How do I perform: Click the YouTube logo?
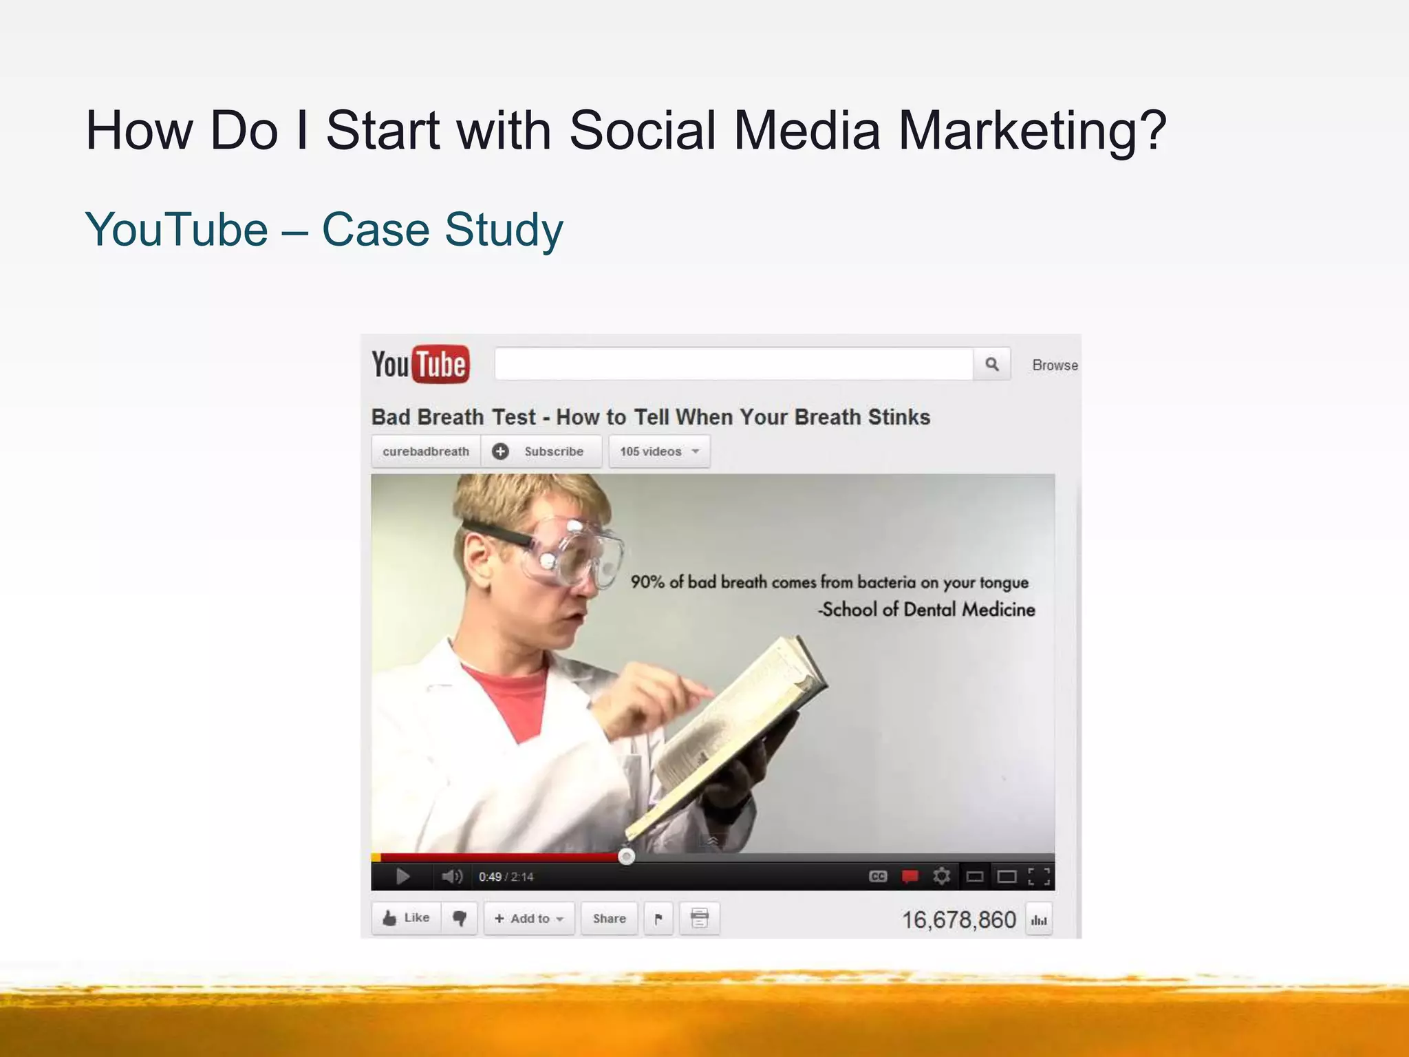pyautogui.click(x=420, y=364)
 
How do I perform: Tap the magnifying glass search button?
pyautogui.click(x=991, y=364)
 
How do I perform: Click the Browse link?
pyautogui.click(x=1054, y=365)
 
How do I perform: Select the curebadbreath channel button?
pyautogui.click(x=426, y=451)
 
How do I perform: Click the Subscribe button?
pyautogui.click(x=541, y=451)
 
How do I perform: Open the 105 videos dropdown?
pyautogui.click(x=659, y=451)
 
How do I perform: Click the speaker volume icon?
pyautogui.click(x=451, y=876)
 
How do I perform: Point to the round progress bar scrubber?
pyautogui.click(x=626, y=856)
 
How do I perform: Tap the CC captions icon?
pyautogui.click(x=878, y=876)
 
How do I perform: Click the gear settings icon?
pyautogui.click(x=941, y=876)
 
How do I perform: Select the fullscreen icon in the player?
pyautogui.click(x=1038, y=876)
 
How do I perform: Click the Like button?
pyautogui.click(x=407, y=918)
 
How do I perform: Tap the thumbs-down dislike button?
pyautogui.click(x=460, y=918)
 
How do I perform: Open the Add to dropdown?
pyautogui.click(x=529, y=918)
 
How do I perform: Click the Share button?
pyautogui.click(x=610, y=918)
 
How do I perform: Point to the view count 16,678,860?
pyautogui.click(x=958, y=920)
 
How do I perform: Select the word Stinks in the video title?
pyautogui.click(x=899, y=417)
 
